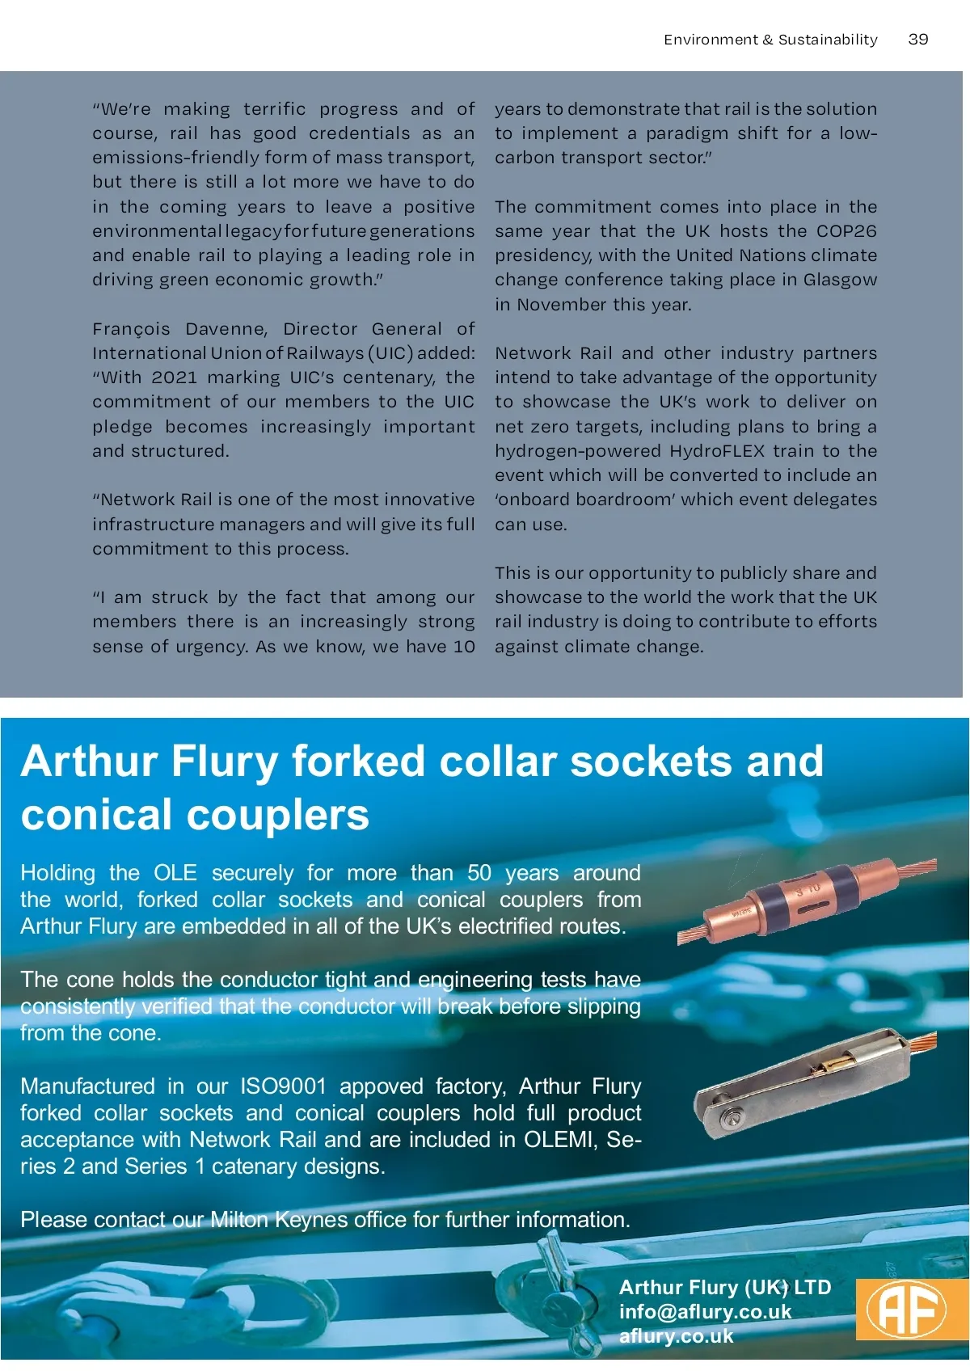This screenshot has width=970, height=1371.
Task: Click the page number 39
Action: [x=917, y=39]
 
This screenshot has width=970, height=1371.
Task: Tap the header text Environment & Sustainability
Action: [x=770, y=40]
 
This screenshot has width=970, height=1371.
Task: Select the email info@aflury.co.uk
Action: [x=705, y=1311]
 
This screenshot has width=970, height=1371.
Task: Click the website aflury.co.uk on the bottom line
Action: [x=676, y=1335]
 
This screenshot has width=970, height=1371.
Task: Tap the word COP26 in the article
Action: [x=846, y=231]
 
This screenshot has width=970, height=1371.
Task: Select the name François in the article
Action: [x=131, y=329]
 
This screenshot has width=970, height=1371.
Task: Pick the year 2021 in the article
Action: [x=174, y=378]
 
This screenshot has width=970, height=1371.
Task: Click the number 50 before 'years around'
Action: [x=479, y=872]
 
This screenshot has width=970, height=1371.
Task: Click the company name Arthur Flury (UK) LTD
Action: [x=724, y=1287]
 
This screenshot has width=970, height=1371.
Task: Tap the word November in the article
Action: [x=562, y=305]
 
